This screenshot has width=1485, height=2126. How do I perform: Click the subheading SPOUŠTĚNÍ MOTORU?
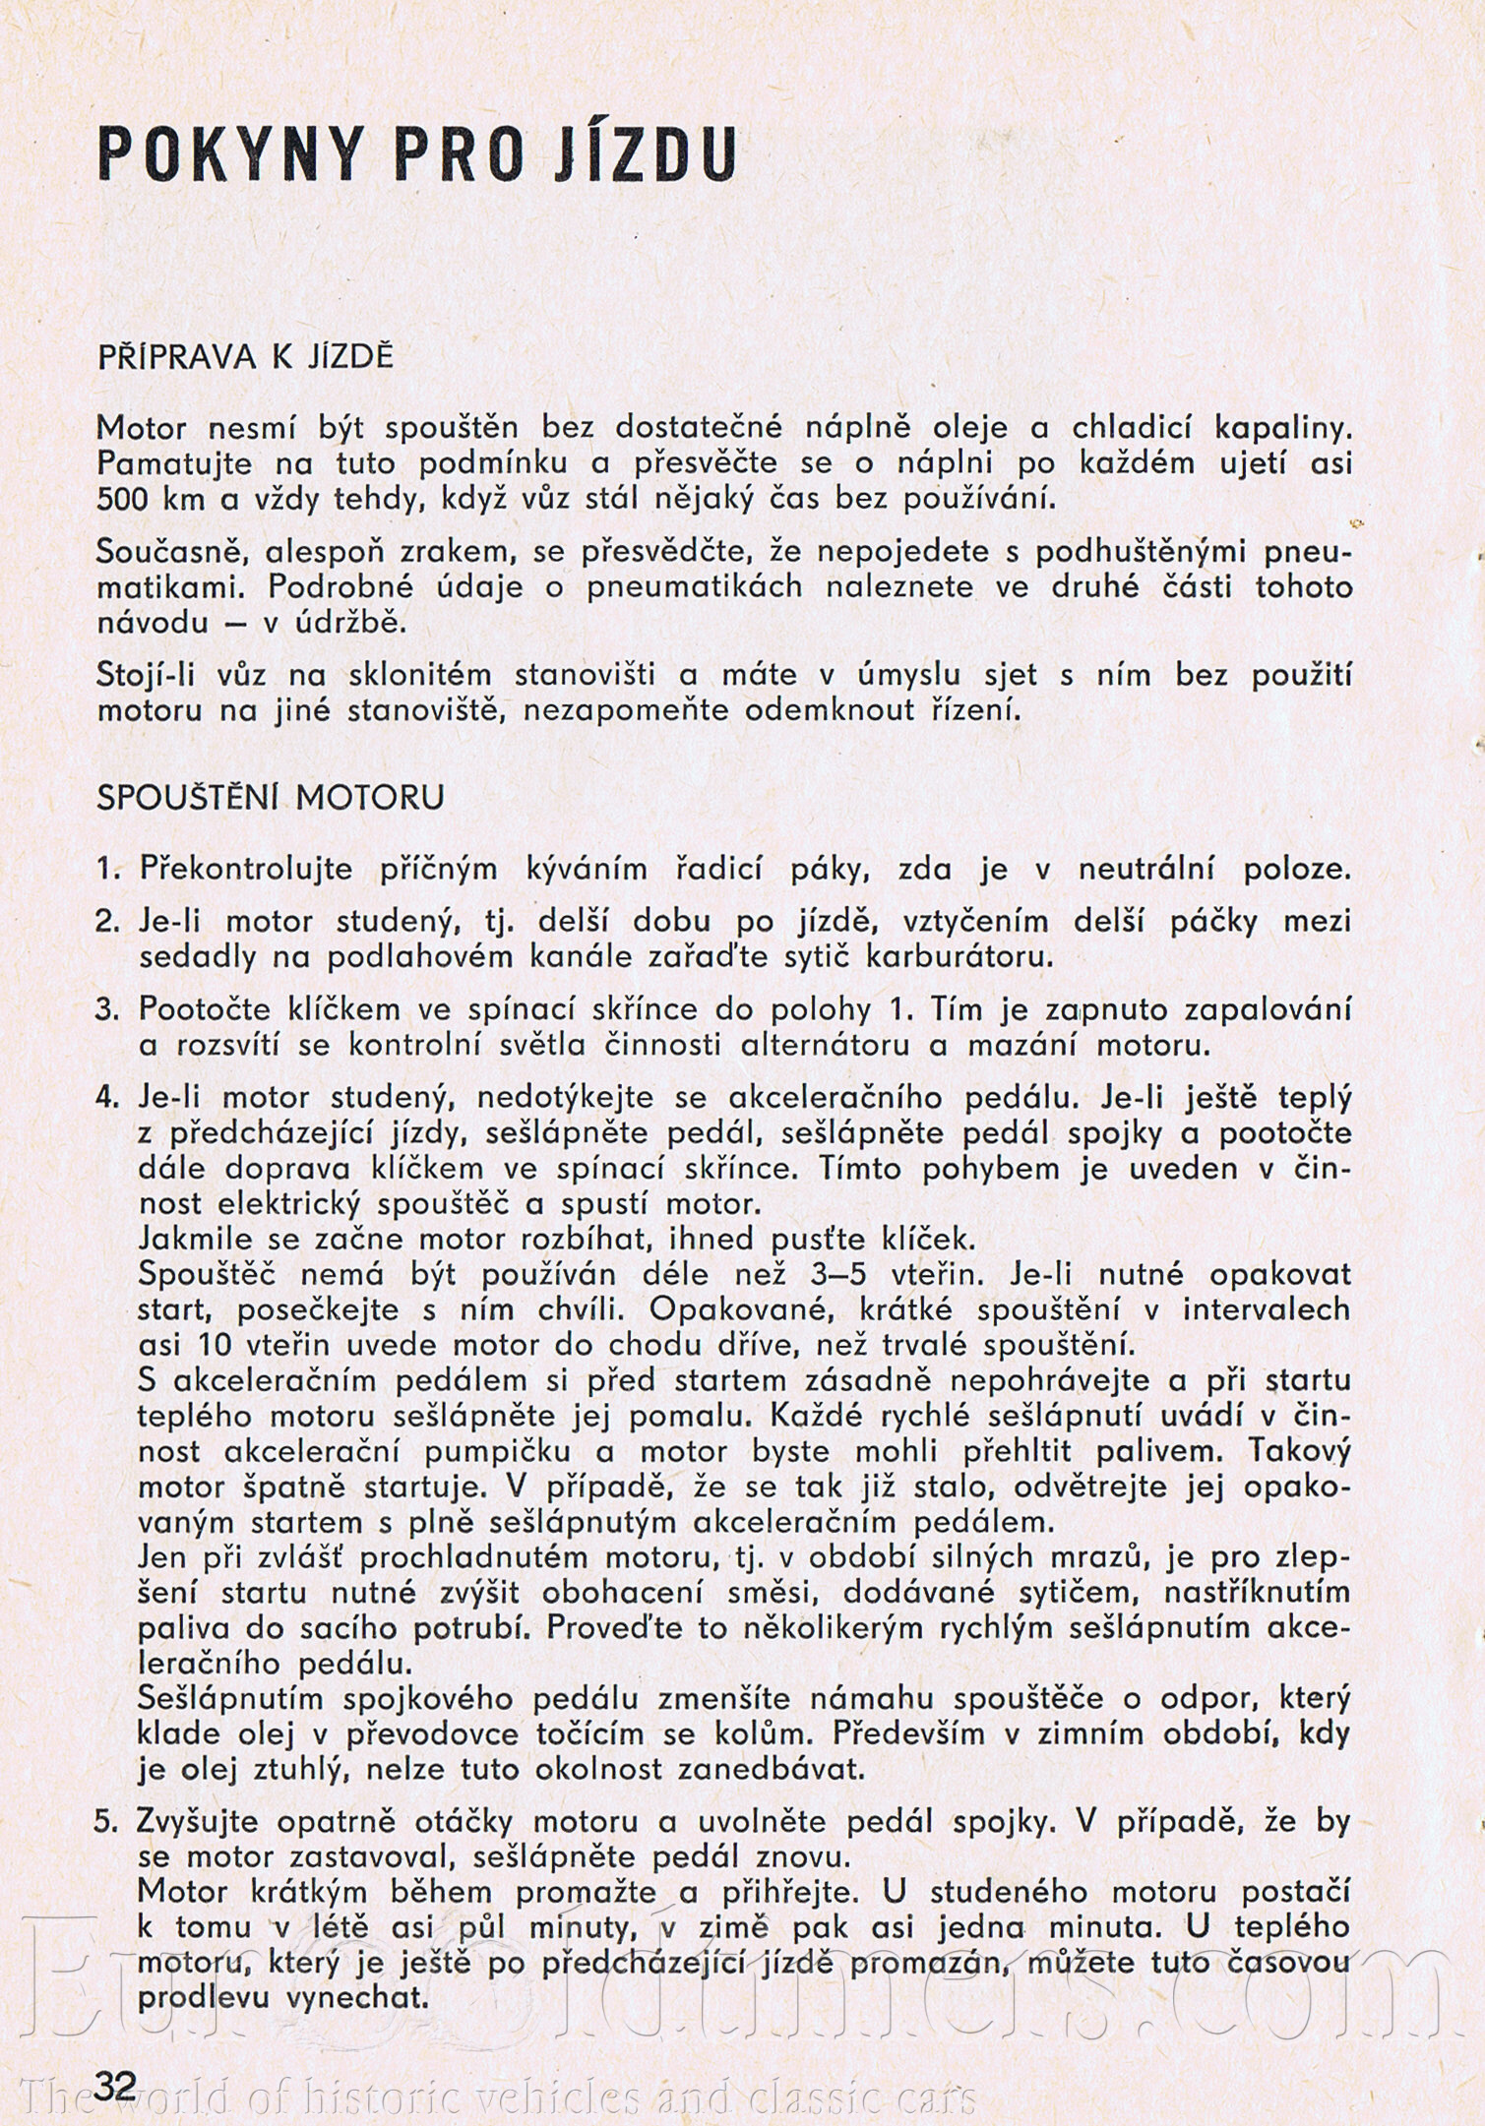point(270,797)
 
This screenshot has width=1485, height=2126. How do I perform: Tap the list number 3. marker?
point(106,1009)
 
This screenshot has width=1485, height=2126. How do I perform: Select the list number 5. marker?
point(106,1821)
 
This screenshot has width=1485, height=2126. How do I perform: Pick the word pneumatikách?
point(704,587)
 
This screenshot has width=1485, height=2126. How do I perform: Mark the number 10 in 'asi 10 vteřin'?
point(216,1345)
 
